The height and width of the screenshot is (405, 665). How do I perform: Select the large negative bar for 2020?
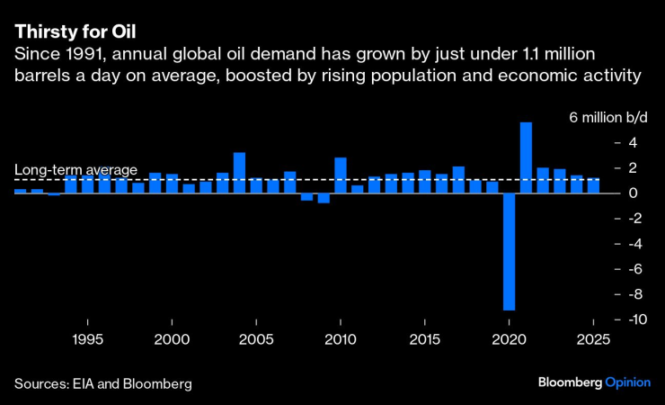(x=509, y=252)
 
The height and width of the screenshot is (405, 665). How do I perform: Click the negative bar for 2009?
(x=324, y=198)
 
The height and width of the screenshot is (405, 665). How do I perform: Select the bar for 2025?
(x=593, y=185)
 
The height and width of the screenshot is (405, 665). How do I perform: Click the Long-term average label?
(x=75, y=169)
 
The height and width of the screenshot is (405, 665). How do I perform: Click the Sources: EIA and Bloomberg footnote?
(x=103, y=383)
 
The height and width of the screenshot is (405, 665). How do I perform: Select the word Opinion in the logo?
(x=625, y=382)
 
